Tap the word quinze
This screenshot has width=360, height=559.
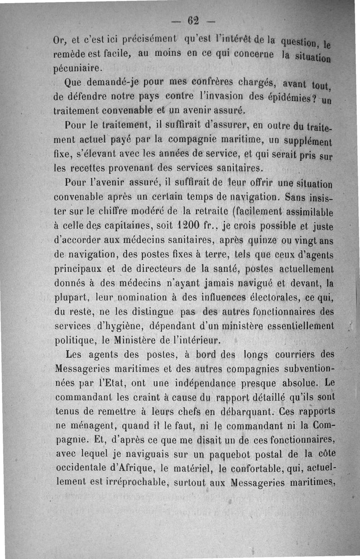[x=264, y=239]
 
